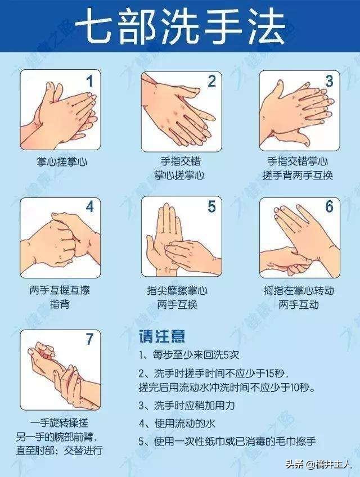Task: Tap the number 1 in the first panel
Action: (x=89, y=81)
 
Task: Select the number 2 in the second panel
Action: (x=212, y=81)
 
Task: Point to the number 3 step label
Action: (x=329, y=81)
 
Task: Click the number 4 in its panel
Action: (x=89, y=207)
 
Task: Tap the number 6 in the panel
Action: (x=330, y=207)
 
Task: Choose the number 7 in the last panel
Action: (x=89, y=339)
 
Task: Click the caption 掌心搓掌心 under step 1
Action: (x=62, y=161)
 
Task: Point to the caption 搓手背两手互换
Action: (x=298, y=175)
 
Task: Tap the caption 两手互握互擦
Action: (x=60, y=290)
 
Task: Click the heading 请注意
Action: (x=162, y=336)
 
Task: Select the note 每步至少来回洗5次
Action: (x=190, y=355)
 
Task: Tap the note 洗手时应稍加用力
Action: (x=187, y=405)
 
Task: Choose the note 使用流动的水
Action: (x=177, y=423)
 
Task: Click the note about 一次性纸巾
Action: (x=227, y=441)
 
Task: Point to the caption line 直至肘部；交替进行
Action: (x=59, y=450)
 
